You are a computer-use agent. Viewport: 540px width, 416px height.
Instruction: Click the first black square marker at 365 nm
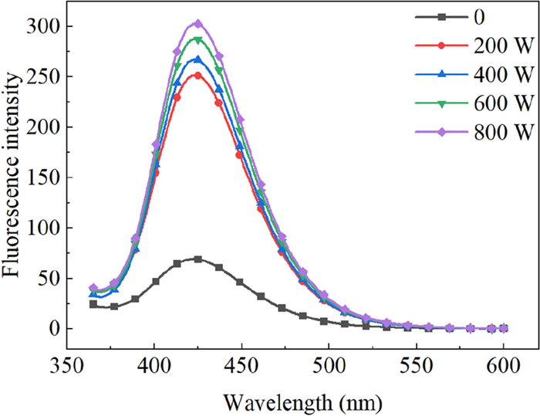(x=93, y=304)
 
